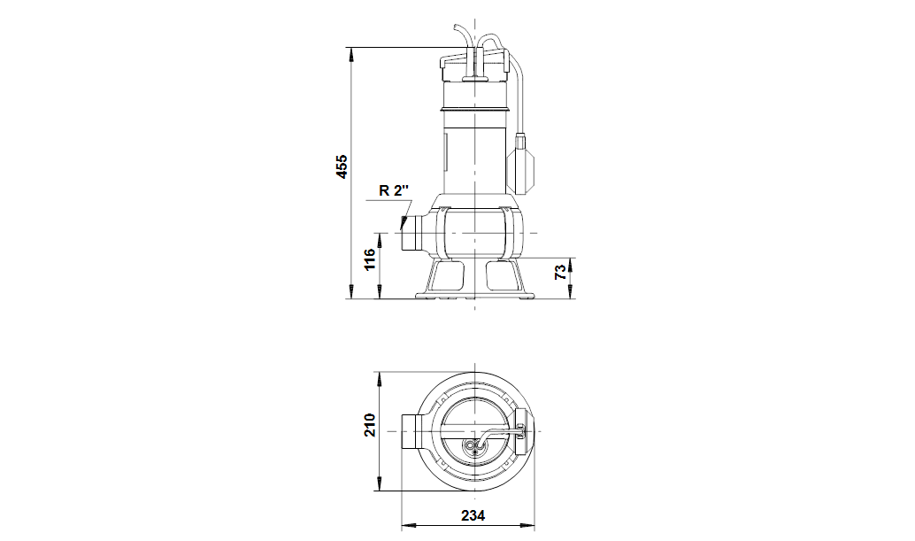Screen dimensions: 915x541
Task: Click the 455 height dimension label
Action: coord(342,166)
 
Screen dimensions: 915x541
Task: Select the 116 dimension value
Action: coord(369,259)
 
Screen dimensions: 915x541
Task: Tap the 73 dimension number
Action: coord(560,272)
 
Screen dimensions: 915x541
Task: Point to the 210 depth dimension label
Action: coord(369,425)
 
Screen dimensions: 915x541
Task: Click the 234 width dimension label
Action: coord(473,516)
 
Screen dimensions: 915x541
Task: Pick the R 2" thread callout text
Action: coord(394,190)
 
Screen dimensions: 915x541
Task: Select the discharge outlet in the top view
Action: coord(414,431)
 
